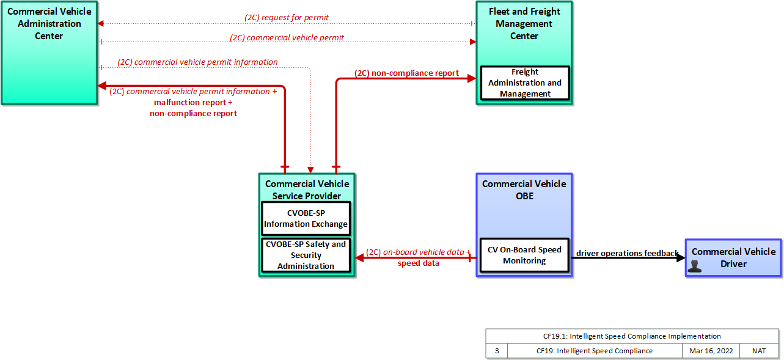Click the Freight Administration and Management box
point(525,83)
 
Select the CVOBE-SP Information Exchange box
point(306,219)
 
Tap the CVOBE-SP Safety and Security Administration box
point(306,255)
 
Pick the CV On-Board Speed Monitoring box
point(524,255)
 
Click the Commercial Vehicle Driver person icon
point(694,266)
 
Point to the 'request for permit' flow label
point(287,17)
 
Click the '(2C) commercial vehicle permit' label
point(287,37)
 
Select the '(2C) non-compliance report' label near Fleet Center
point(406,73)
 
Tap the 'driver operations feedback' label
point(627,253)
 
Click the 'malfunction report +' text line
point(193,102)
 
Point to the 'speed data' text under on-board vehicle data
point(418,263)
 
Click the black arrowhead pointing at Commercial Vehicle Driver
point(681,258)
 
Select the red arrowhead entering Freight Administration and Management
point(472,78)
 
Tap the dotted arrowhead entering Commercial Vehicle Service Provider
point(310,170)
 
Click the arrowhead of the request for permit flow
point(100,23)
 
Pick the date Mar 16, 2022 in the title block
point(711,351)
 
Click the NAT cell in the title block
point(759,351)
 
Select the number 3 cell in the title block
point(497,351)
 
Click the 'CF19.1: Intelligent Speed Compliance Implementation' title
point(632,336)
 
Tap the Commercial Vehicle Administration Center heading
point(49,23)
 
